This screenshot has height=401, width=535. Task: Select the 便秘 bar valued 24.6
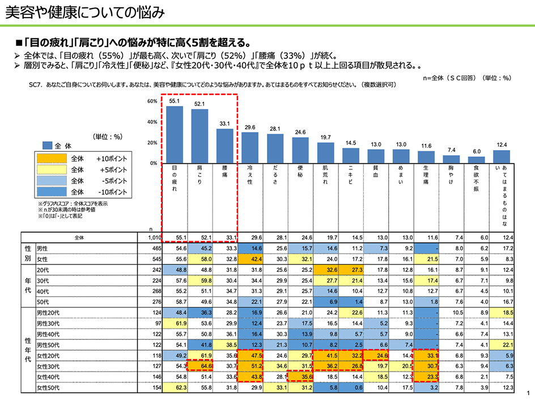(300, 150)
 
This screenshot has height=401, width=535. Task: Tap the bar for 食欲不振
(476, 160)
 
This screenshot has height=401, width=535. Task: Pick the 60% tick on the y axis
(152, 101)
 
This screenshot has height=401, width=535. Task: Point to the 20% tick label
(152, 143)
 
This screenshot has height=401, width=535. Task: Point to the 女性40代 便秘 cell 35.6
(300, 377)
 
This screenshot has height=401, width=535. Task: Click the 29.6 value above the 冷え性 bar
(250, 128)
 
